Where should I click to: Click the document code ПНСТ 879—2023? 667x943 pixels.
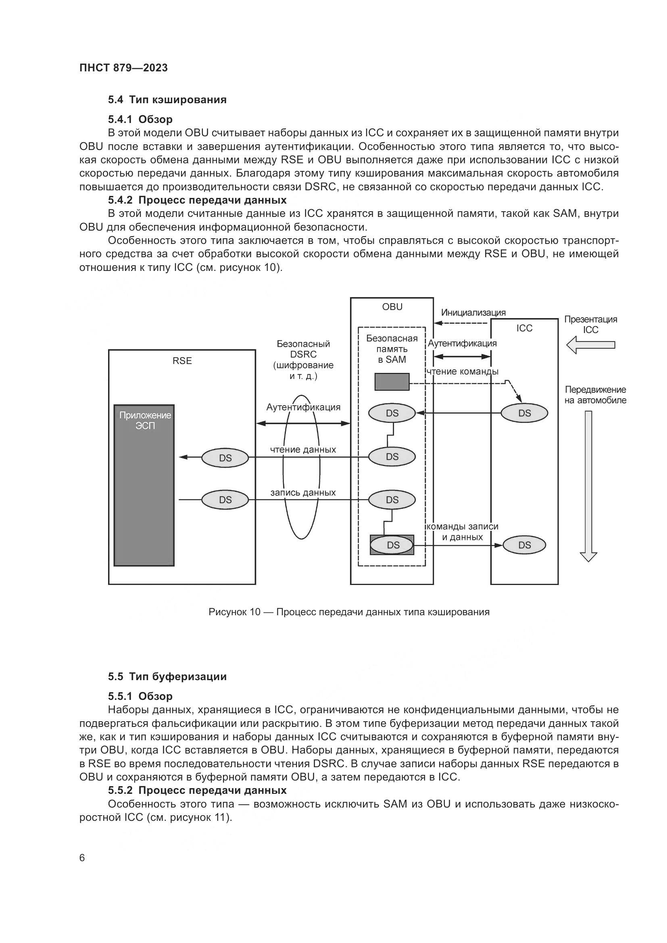tap(124, 68)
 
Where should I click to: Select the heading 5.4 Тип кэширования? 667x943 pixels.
tap(167, 100)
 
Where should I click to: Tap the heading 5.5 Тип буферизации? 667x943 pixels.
tap(167, 677)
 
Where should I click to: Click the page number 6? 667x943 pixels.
tap(82, 858)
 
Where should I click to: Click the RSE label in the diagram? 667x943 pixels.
tap(182, 360)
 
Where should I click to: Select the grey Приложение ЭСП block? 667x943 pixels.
tap(144, 485)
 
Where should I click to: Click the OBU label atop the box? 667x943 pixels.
tap(392, 307)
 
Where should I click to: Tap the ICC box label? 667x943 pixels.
tap(524, 328)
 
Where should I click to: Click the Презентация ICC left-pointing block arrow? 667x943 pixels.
tap(590, 345)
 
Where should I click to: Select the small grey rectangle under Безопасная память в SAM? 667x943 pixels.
tap(392, 381)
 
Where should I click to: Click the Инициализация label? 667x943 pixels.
tap(473, 312)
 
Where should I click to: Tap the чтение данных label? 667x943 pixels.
tap(303, 450)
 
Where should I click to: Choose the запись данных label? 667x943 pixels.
tap(303, 492)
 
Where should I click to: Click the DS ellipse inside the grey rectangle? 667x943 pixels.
tap(393, 545)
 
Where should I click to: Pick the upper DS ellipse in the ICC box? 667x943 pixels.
tap(524, 413)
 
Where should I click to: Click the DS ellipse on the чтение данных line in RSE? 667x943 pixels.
tap(225, 458)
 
